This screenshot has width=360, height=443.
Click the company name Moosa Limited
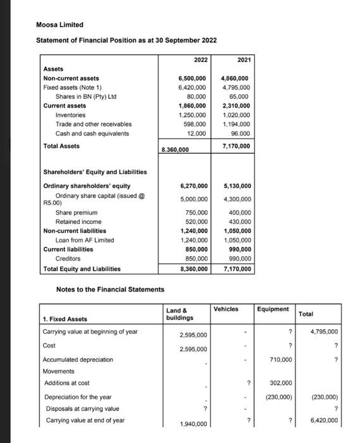pos(59,25)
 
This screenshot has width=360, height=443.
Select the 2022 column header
pos(201,59)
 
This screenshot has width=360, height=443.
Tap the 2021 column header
pos(243,59)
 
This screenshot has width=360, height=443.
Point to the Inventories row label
pos(70,115)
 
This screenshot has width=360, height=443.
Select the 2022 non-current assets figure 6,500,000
pos(193,78)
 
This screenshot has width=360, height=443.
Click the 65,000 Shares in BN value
pos(240,97)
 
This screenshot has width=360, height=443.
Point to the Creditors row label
pos(68,259)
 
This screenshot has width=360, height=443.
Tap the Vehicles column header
pos(226,309)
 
